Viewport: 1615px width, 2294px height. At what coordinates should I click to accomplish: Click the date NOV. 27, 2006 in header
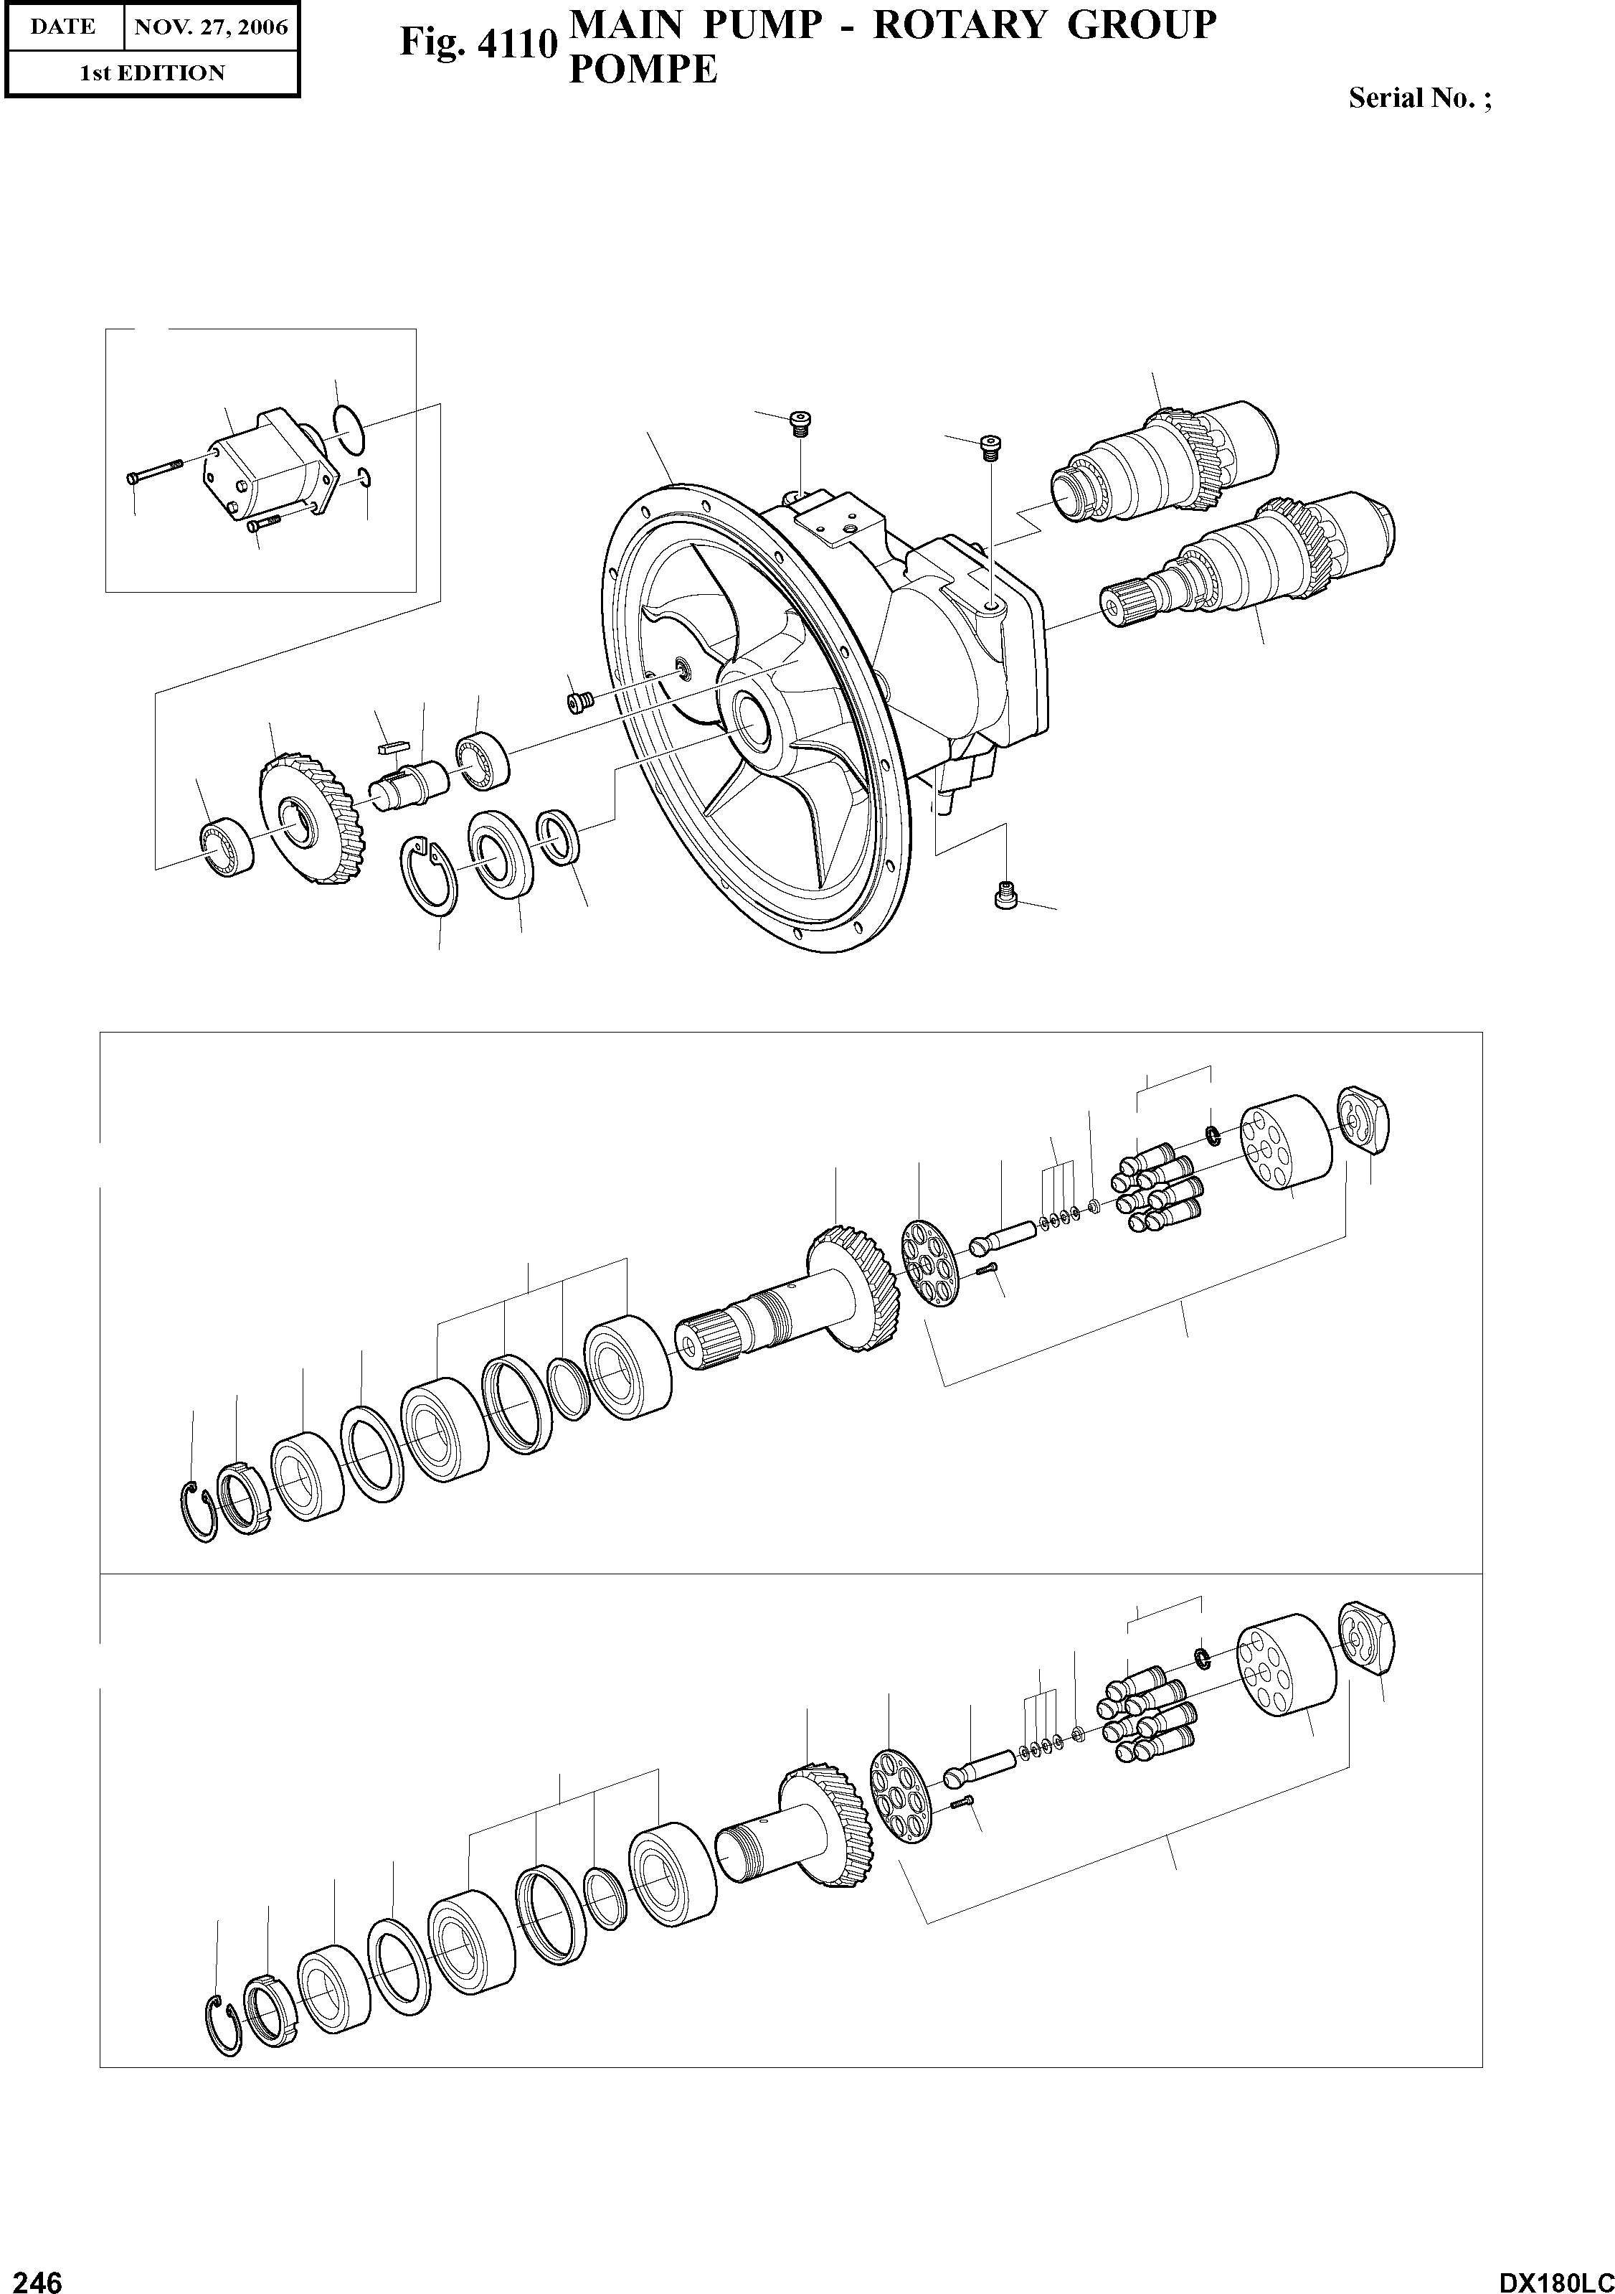tap(211, 27)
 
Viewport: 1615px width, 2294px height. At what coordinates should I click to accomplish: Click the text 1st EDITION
tap(152, 73)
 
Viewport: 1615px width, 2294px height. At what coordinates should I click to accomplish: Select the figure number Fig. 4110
tap(478, 44)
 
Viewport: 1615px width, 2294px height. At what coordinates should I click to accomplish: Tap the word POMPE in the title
tap(643, 70)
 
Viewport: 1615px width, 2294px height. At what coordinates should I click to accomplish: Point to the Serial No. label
tap(1419, 98)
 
